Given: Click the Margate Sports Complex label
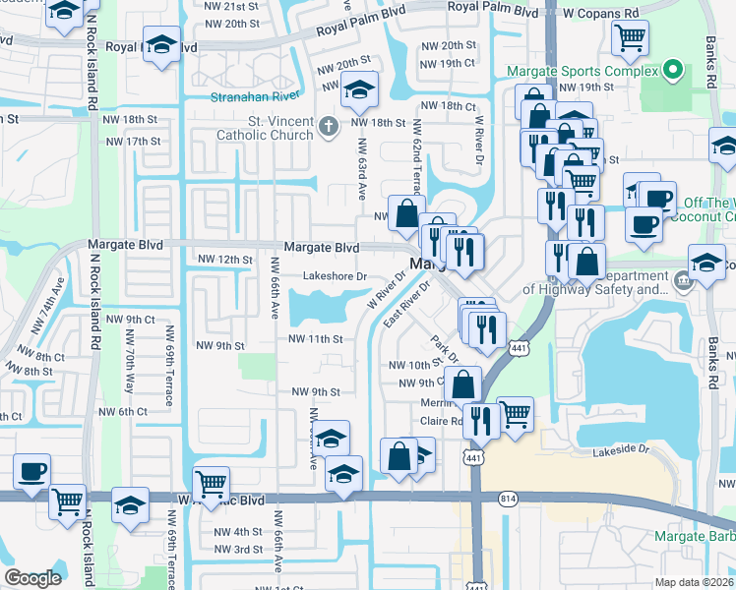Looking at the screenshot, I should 582,70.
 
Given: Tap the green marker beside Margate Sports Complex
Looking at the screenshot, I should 673,70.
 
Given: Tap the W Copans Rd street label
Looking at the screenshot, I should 601,13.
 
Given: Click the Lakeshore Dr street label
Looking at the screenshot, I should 334,277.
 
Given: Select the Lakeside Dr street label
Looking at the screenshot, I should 622,450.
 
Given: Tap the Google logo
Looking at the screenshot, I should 32,578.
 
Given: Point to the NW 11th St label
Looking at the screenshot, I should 315,338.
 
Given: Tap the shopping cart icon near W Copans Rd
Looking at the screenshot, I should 630,38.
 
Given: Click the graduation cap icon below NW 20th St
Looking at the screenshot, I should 359,89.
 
